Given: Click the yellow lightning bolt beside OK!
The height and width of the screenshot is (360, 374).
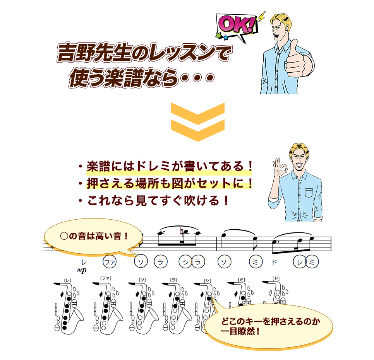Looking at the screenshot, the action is (x=261, y=16).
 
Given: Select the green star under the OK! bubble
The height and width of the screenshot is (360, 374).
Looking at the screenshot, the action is (x=218, y=35).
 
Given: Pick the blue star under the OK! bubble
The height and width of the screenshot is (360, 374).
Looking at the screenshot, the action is (x=225, y=38).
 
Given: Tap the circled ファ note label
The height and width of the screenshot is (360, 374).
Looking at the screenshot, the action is (x=110, y=262).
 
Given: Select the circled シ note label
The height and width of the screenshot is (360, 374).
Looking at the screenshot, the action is (x=185, y=262).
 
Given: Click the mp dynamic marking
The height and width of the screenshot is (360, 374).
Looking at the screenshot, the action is (x=82, y=270).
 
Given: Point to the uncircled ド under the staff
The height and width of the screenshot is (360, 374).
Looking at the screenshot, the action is (x=274, y=262).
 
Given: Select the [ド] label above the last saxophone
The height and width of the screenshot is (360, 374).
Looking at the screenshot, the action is (x=276, y=278).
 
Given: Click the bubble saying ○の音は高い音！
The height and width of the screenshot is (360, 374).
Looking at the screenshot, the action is (x=94, y=237).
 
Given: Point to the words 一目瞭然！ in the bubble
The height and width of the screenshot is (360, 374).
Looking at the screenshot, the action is (x=240, y=331).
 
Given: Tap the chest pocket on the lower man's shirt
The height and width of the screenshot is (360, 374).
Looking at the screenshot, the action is (x=309, y=193).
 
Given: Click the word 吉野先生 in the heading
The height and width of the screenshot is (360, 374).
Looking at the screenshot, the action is (x=94, y=53).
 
